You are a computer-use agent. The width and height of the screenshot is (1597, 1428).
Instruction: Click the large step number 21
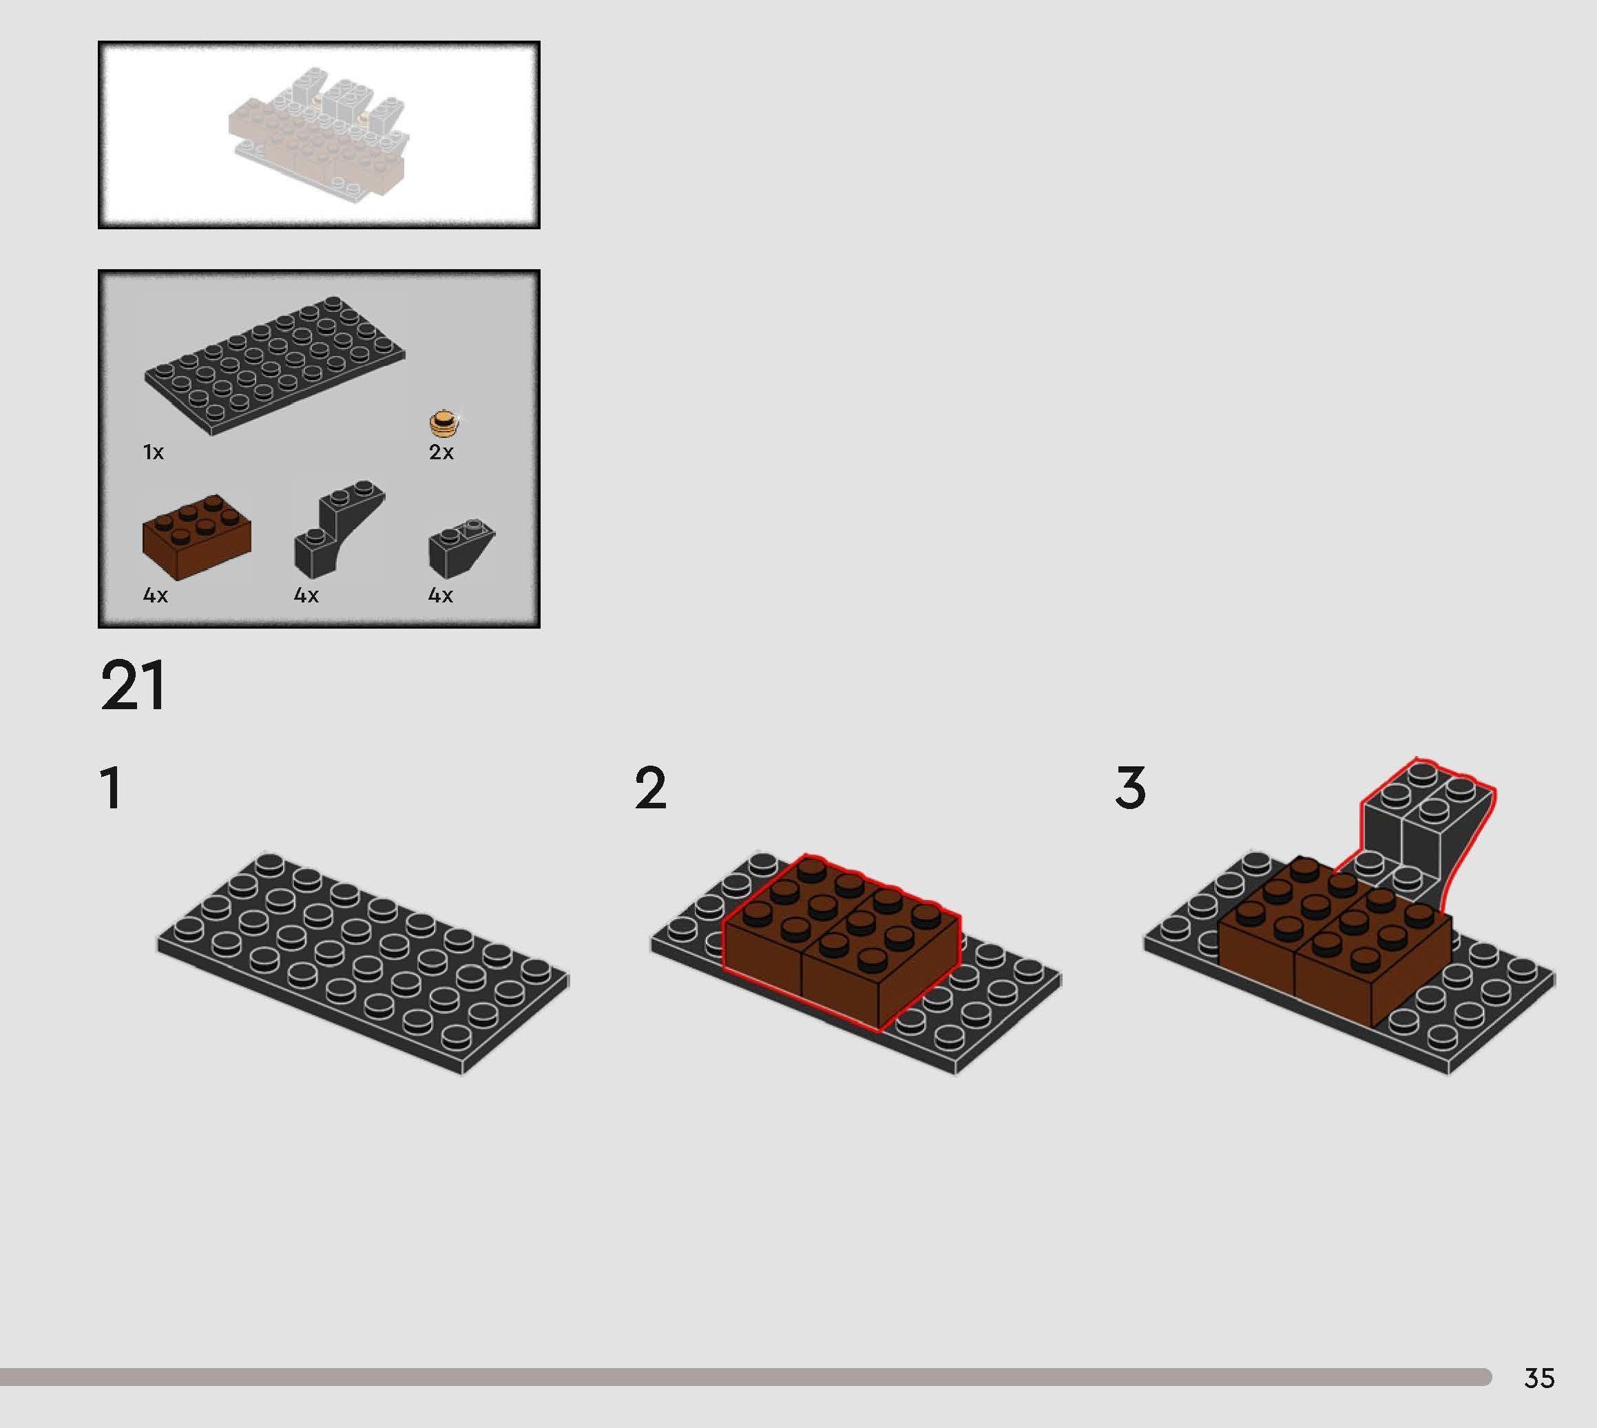[133, 685]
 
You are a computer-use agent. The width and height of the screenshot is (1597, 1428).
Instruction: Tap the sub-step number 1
[112, 788]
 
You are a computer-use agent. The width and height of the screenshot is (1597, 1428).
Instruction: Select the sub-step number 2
[650, 788]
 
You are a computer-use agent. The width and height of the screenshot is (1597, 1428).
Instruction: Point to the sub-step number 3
[1130, 788]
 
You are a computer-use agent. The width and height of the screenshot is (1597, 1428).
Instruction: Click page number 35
[1538, 1378]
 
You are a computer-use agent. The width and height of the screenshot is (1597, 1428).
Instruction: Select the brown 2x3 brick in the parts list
[196, 538]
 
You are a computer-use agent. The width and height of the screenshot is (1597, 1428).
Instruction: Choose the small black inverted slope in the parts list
[460, 546]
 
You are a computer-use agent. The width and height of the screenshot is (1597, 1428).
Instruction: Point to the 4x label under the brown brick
[156, 596]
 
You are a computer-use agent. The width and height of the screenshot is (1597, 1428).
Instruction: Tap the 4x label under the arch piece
[306, 596]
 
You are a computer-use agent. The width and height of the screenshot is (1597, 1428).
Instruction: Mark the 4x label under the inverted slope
[440, 596]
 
